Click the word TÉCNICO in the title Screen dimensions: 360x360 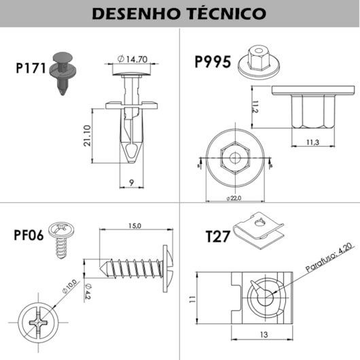(224, 13)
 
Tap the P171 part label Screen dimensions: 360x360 (30, 68)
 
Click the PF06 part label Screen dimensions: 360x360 (29, 236)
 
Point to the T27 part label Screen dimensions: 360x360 (217, 236)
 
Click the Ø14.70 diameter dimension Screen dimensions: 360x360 (133, 59)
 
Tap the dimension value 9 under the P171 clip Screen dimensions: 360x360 (131, 182)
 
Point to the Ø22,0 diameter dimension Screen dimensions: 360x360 (234, 198)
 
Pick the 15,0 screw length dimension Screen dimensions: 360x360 (134, 225)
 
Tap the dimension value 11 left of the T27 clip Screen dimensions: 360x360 (192, 298)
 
